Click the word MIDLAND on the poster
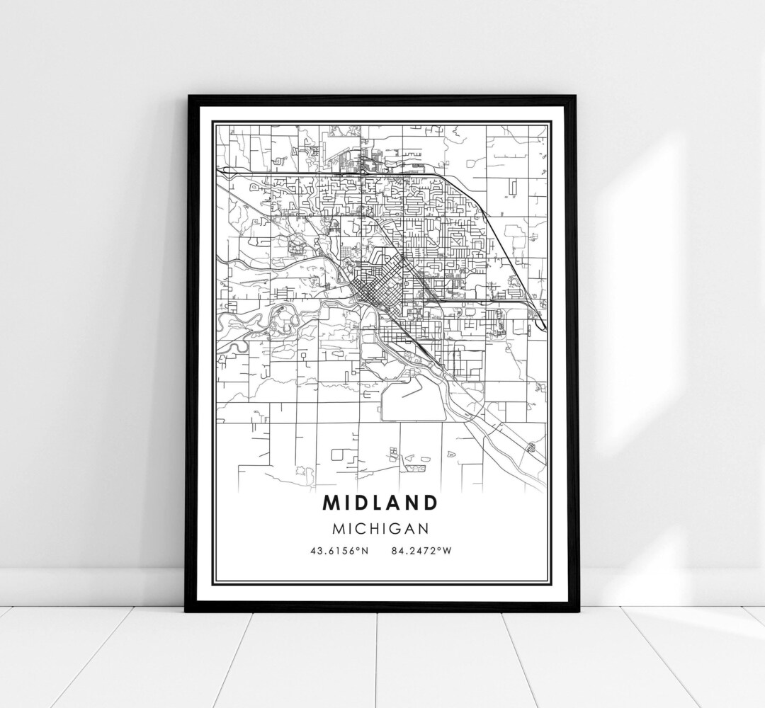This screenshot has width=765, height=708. (380, 503)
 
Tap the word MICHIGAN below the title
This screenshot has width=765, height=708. (380, 527)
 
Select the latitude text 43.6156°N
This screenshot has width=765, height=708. (339, 552)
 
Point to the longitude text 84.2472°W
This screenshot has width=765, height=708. (420, 552)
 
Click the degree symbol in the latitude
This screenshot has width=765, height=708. (356, 550)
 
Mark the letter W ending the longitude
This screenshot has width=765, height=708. (446, 552)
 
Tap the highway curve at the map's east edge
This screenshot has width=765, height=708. (540, 319)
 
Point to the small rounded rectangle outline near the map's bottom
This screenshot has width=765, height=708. (341, 454)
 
